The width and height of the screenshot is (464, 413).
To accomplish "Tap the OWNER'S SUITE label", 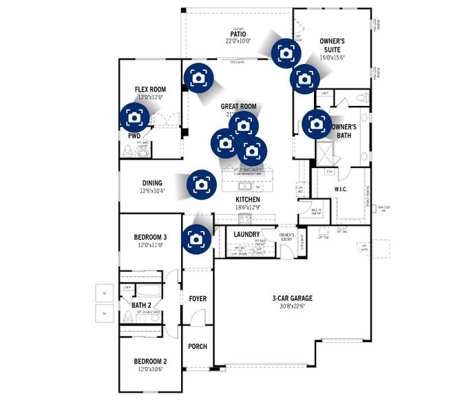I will (x=332, y=45).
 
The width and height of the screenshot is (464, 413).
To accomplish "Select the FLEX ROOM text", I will (x=150, y=89).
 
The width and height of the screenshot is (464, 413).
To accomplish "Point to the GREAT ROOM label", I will (x=238, y=107).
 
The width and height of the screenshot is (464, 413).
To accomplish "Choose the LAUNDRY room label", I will (x=246, y=235).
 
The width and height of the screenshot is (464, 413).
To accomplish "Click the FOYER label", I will (x=198, y=299).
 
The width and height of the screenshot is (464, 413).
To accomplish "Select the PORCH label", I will (x=198, y=346).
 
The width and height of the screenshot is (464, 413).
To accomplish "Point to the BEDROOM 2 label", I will (x=150, y=361).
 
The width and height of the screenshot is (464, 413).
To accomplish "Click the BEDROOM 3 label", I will (x=150, y=237).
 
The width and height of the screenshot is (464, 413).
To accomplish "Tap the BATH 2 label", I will (x=143, y=304).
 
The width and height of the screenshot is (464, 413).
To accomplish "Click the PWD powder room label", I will (x=134, y=136).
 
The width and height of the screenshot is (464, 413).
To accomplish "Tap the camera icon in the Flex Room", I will (x=133, y=118).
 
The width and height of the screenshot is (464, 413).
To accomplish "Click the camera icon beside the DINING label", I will (x=200, y=184).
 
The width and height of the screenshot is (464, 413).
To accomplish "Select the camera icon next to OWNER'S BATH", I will (x=316, y=124).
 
